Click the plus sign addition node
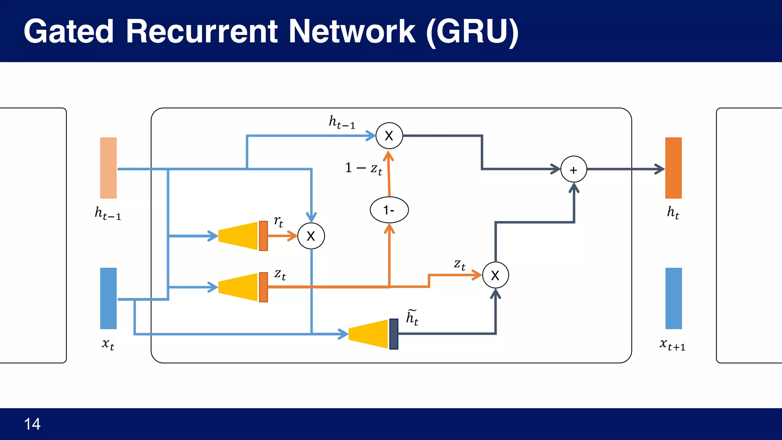574,170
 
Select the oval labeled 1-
389,210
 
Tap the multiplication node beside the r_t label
311,236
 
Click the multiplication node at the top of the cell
389,136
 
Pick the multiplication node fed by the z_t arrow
495,275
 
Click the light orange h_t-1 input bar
108,168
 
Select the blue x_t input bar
108,298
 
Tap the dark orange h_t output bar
673,168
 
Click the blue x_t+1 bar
673,298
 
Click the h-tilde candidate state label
412,318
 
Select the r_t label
279,221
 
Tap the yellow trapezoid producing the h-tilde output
368,334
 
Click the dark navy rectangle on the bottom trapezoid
394,334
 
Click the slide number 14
32,424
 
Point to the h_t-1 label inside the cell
342,122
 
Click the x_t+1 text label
672,345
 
